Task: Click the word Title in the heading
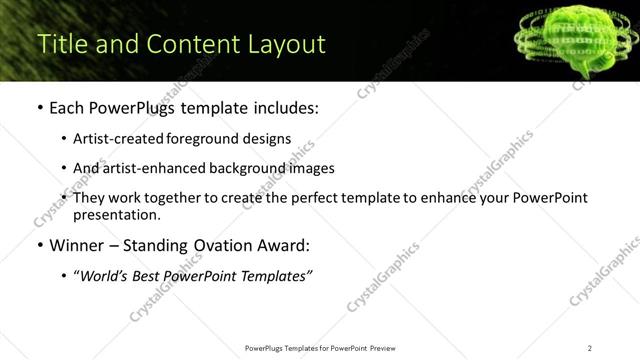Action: click(x=59, y=45)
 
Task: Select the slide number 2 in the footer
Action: click(x=590, y=347)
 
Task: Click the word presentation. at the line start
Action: click(x=116, y=214)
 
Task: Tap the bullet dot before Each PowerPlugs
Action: click(x=39, y=108)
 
